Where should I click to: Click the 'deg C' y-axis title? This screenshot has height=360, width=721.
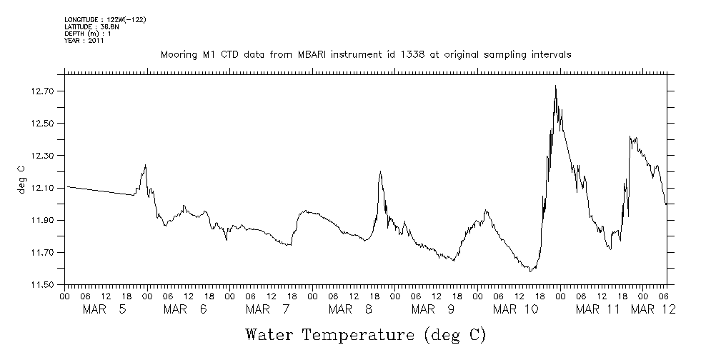click(21, 179)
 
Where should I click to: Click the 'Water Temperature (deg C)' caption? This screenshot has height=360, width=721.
click(365, 334)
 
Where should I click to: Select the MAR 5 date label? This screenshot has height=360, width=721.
click(105, 309)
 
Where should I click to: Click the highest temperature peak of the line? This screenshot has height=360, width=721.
click(555, 86)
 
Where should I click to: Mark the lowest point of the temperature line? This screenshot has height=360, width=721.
click(530, 271)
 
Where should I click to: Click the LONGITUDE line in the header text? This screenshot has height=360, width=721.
click(105, 19)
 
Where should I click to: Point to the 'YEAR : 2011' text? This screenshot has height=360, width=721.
click(85, 41)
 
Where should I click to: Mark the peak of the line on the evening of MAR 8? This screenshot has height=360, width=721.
click(380, 171)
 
